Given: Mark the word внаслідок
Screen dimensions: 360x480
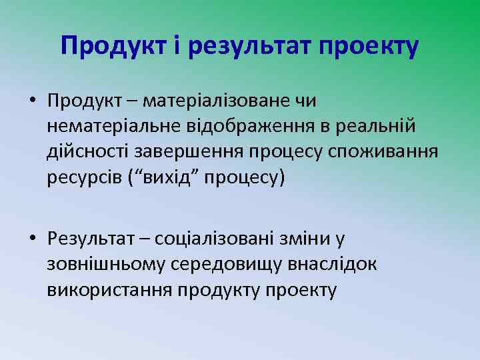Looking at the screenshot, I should pos(331,264).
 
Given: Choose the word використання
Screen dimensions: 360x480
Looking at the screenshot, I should pos(109,290).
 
